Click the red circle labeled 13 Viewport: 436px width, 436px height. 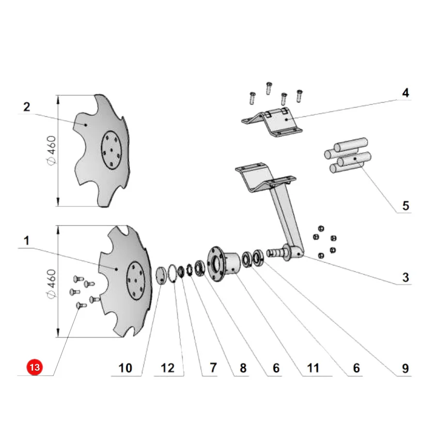pos(34,367)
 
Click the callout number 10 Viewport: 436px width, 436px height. pos(125,368)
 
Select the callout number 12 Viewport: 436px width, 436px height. pos(168,368)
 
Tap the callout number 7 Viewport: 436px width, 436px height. pos(213,368)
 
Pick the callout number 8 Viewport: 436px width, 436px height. pos(243,368)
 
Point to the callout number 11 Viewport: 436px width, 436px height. pos(313,368)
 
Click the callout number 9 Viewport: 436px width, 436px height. pos(405,369)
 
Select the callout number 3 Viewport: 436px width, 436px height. pos(405,277)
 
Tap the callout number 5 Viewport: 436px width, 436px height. pos(405,206)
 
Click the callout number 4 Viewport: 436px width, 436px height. pos(405,93)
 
